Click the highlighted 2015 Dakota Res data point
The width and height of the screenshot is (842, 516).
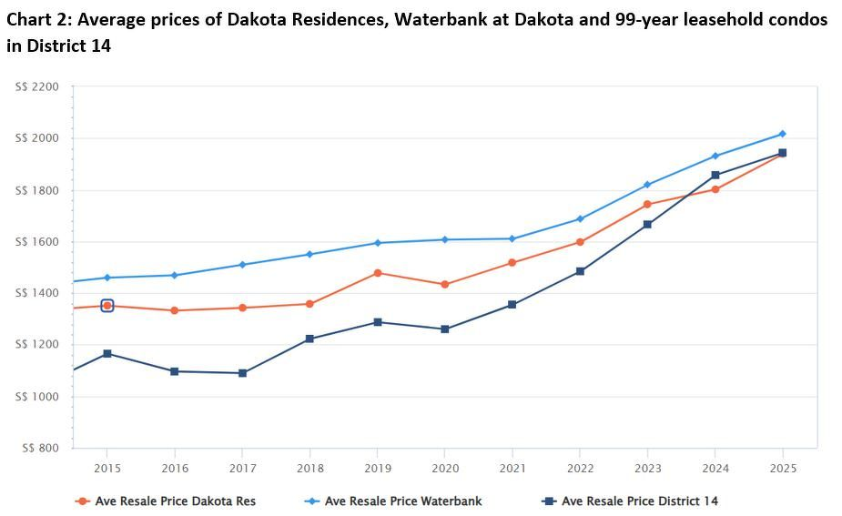(107, 306)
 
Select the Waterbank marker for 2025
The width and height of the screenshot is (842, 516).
(782, 134)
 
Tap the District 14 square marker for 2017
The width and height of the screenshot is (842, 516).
(242, 373)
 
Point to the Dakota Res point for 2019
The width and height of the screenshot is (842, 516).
(378, 273)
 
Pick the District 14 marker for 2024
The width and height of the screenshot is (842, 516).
(715, 175)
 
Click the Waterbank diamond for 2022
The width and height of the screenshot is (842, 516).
(580, 218)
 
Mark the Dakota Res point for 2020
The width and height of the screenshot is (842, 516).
(445, 284)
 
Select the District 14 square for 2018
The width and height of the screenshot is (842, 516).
(309, 339)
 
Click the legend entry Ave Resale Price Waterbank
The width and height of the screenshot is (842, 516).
(403, 501)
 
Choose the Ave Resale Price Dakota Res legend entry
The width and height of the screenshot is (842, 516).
(175, 501)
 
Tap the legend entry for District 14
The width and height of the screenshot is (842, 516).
(639, 501)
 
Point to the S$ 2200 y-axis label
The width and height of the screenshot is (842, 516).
(37, 87)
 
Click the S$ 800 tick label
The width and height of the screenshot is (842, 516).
(40, 448)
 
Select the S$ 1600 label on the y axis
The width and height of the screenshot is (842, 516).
(37, 242)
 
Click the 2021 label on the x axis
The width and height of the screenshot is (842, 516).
(512, 468)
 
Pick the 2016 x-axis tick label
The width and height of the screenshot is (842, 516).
(175, 468)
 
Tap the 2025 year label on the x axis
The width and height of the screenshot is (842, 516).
(782, 468)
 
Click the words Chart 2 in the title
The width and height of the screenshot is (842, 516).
(36, 19)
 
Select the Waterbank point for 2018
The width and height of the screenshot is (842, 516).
(309, 254)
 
